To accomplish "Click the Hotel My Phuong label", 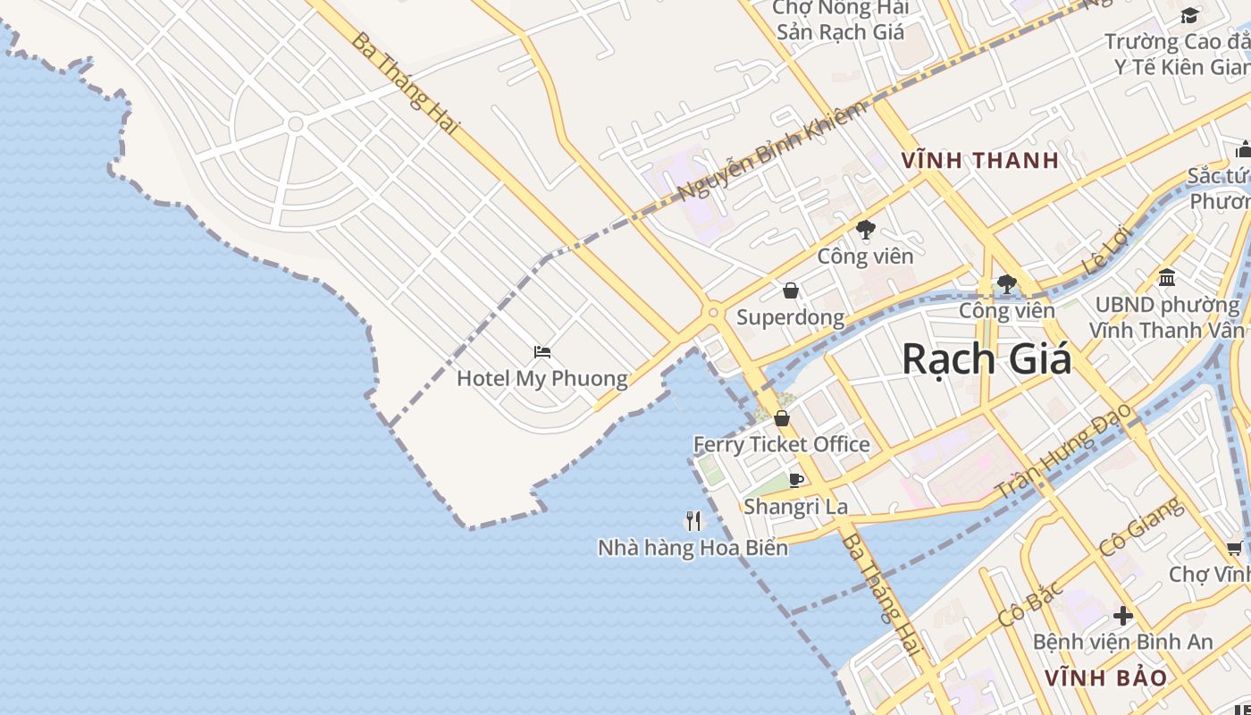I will click(x=542, y=378).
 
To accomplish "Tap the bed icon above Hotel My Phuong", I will click(x=542, y=352).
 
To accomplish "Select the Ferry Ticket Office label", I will click(x=781, y=444).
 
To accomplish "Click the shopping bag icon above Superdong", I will click(x=790, y=290).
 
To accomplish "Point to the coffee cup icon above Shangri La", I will click(x=796, y=480).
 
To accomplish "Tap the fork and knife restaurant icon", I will click(x=693, y=520).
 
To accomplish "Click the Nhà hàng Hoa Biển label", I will click(x=693, y=547).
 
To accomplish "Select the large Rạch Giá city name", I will click(x=986, y=359).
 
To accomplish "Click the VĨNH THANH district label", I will click(x=980, y=161).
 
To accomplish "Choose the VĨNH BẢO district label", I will click(x=1106, y=677).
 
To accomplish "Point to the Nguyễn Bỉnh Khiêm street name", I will click(x=771, y=151).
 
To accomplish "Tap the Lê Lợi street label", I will click(x=1106, y=251).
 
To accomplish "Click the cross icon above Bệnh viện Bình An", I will click(x=1122, y=616).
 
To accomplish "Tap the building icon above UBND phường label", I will click(x=1166, y=278).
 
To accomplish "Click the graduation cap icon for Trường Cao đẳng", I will click(x=1189, y=15).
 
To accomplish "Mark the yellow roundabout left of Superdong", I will click(x=712, y=313).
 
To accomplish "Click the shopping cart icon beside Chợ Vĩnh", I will click(x=1235, y=548).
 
